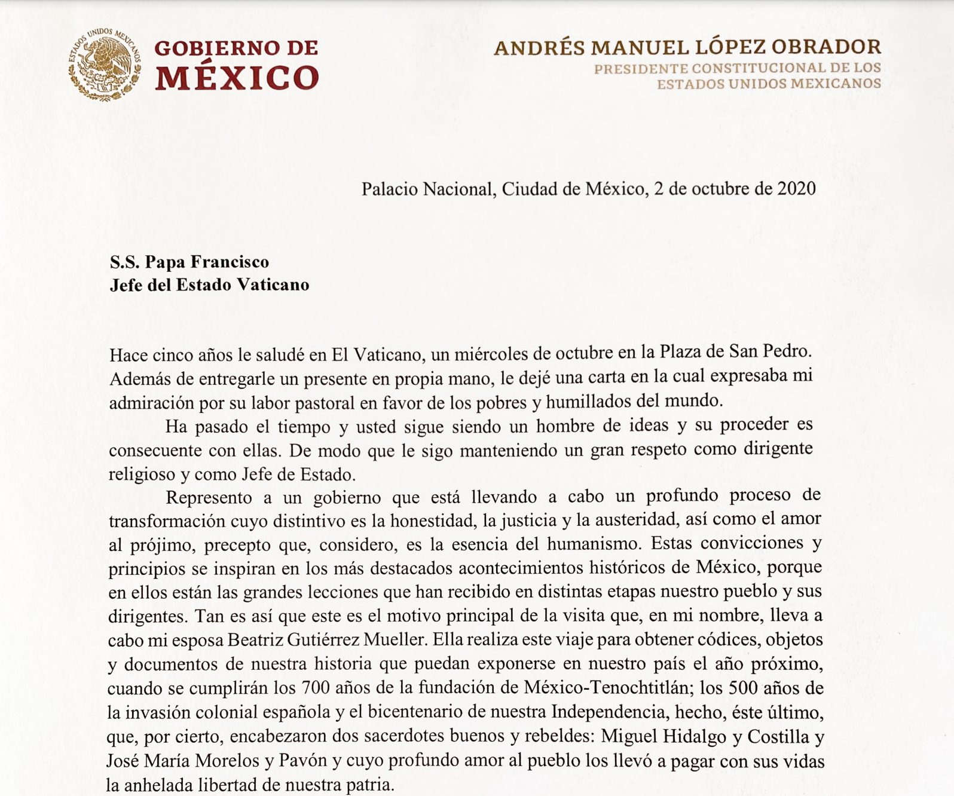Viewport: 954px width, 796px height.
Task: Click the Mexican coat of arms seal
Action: point(105,65)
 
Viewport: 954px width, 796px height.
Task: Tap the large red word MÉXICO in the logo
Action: point(237,78)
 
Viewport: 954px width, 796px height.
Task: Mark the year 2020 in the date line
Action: point(796,189)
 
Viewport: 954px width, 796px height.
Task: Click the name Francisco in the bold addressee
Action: point(237,262)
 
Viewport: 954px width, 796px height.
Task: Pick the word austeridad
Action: point(634,520)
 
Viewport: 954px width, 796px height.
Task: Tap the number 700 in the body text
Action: point(316,688)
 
